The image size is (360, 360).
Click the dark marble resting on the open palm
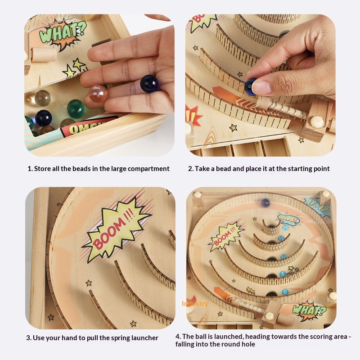[149, 84]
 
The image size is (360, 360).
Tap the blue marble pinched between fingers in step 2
[250, 86]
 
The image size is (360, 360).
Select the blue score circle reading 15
[281, 238]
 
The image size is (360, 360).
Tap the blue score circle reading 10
[283, 257]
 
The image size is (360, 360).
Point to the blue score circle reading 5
[283, 274]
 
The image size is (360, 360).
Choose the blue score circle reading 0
[285, 292]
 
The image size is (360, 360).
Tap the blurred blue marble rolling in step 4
[265, 203]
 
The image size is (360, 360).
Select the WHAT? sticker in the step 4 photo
[309, 310]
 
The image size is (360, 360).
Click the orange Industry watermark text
[195, 304]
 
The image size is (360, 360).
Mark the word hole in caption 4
[247, 344]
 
